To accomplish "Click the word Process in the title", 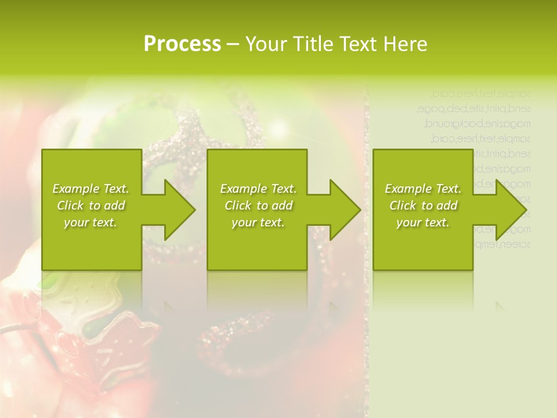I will pos(182,44).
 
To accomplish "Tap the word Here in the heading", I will pos(404,44).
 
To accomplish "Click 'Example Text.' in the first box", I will pos(91,189).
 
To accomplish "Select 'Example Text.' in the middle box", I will pos(258,189).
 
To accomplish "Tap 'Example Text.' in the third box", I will pos(423,189).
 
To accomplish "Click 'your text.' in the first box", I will pos(91,222).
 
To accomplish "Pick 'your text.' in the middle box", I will pos(258,222).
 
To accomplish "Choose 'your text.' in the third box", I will pos(423,222).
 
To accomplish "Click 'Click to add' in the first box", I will pos(91,206).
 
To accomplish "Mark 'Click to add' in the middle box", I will pos(258,206).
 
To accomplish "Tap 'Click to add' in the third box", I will pos(423,206).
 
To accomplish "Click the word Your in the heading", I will pos(264,44).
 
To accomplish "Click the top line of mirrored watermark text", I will pos(481,93).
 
